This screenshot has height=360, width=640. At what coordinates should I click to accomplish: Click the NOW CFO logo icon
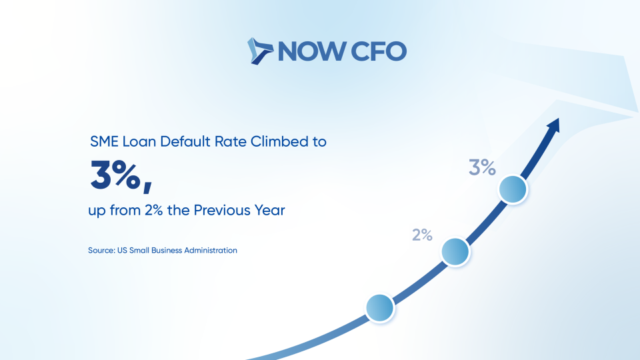260,51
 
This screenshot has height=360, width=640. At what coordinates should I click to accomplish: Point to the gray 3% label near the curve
482,167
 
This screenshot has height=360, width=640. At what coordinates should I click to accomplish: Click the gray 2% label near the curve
422,235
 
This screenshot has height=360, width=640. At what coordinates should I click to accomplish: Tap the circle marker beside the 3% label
513,189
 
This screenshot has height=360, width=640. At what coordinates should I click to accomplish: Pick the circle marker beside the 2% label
455,252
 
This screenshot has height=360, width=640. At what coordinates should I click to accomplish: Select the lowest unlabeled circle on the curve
380,308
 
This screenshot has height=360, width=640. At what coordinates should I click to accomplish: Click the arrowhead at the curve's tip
554,125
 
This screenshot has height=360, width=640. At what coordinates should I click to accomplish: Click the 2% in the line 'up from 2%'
154,211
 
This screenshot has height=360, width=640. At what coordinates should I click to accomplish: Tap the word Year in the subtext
270,210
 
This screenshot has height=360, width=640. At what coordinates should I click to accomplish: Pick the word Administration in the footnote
211,250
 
